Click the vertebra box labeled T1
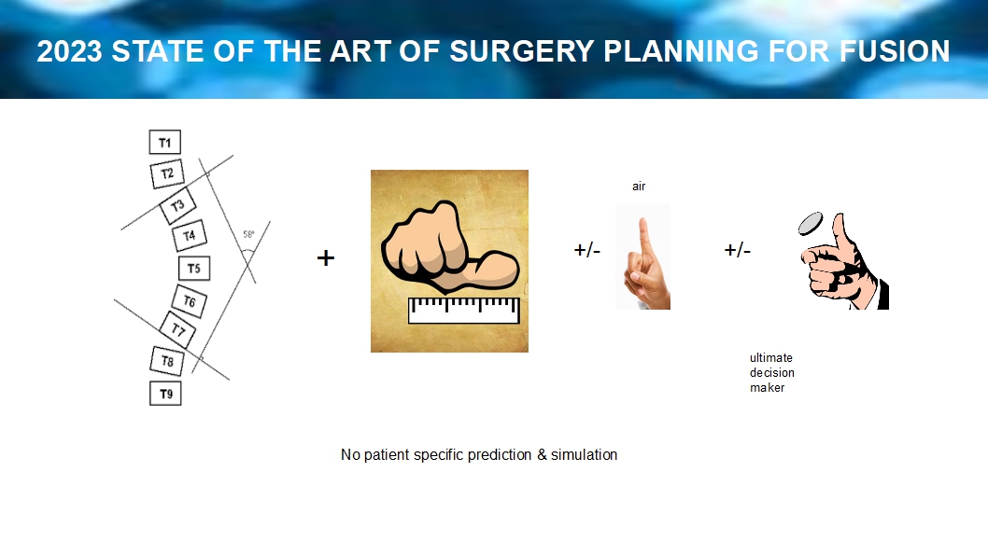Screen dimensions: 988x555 pyautogui.click(x=165, y=142)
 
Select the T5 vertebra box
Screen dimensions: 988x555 pyautogui.click(x=194, y=268)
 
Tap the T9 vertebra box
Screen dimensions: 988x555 pyautogui.click(x=165, y=394)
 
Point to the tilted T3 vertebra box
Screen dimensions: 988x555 pyautogui.click(x=177, y=206)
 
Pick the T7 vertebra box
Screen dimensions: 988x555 pyautogui.click(x=178, y=329)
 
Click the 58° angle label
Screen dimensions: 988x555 pyautogui.click(x=249, y=235)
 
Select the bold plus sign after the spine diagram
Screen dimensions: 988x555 pyautogui.click(x=326, y=257)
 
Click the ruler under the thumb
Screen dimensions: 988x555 pyautogui.click(x=464, y=311)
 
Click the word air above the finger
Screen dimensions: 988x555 pyautogui.click(x=639, y=187)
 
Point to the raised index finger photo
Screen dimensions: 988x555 pyautogui.click(x=642, y=257)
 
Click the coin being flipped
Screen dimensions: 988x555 pyautogui.click(x=811, y=223)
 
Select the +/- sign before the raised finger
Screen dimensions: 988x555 pyautogui.click(x=587, y=250)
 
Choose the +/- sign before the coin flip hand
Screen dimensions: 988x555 pyautogui.click(x=737, y=250)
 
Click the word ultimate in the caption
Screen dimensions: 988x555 pyautogui.click(x=771, y=357)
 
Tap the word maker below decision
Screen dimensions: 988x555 pyautogui.click(x=768, y=388)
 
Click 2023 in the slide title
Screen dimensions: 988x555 pyautogui.click(x=69, y=51)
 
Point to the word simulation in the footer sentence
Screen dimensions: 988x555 pyautogui.click(x=584, y=454)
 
